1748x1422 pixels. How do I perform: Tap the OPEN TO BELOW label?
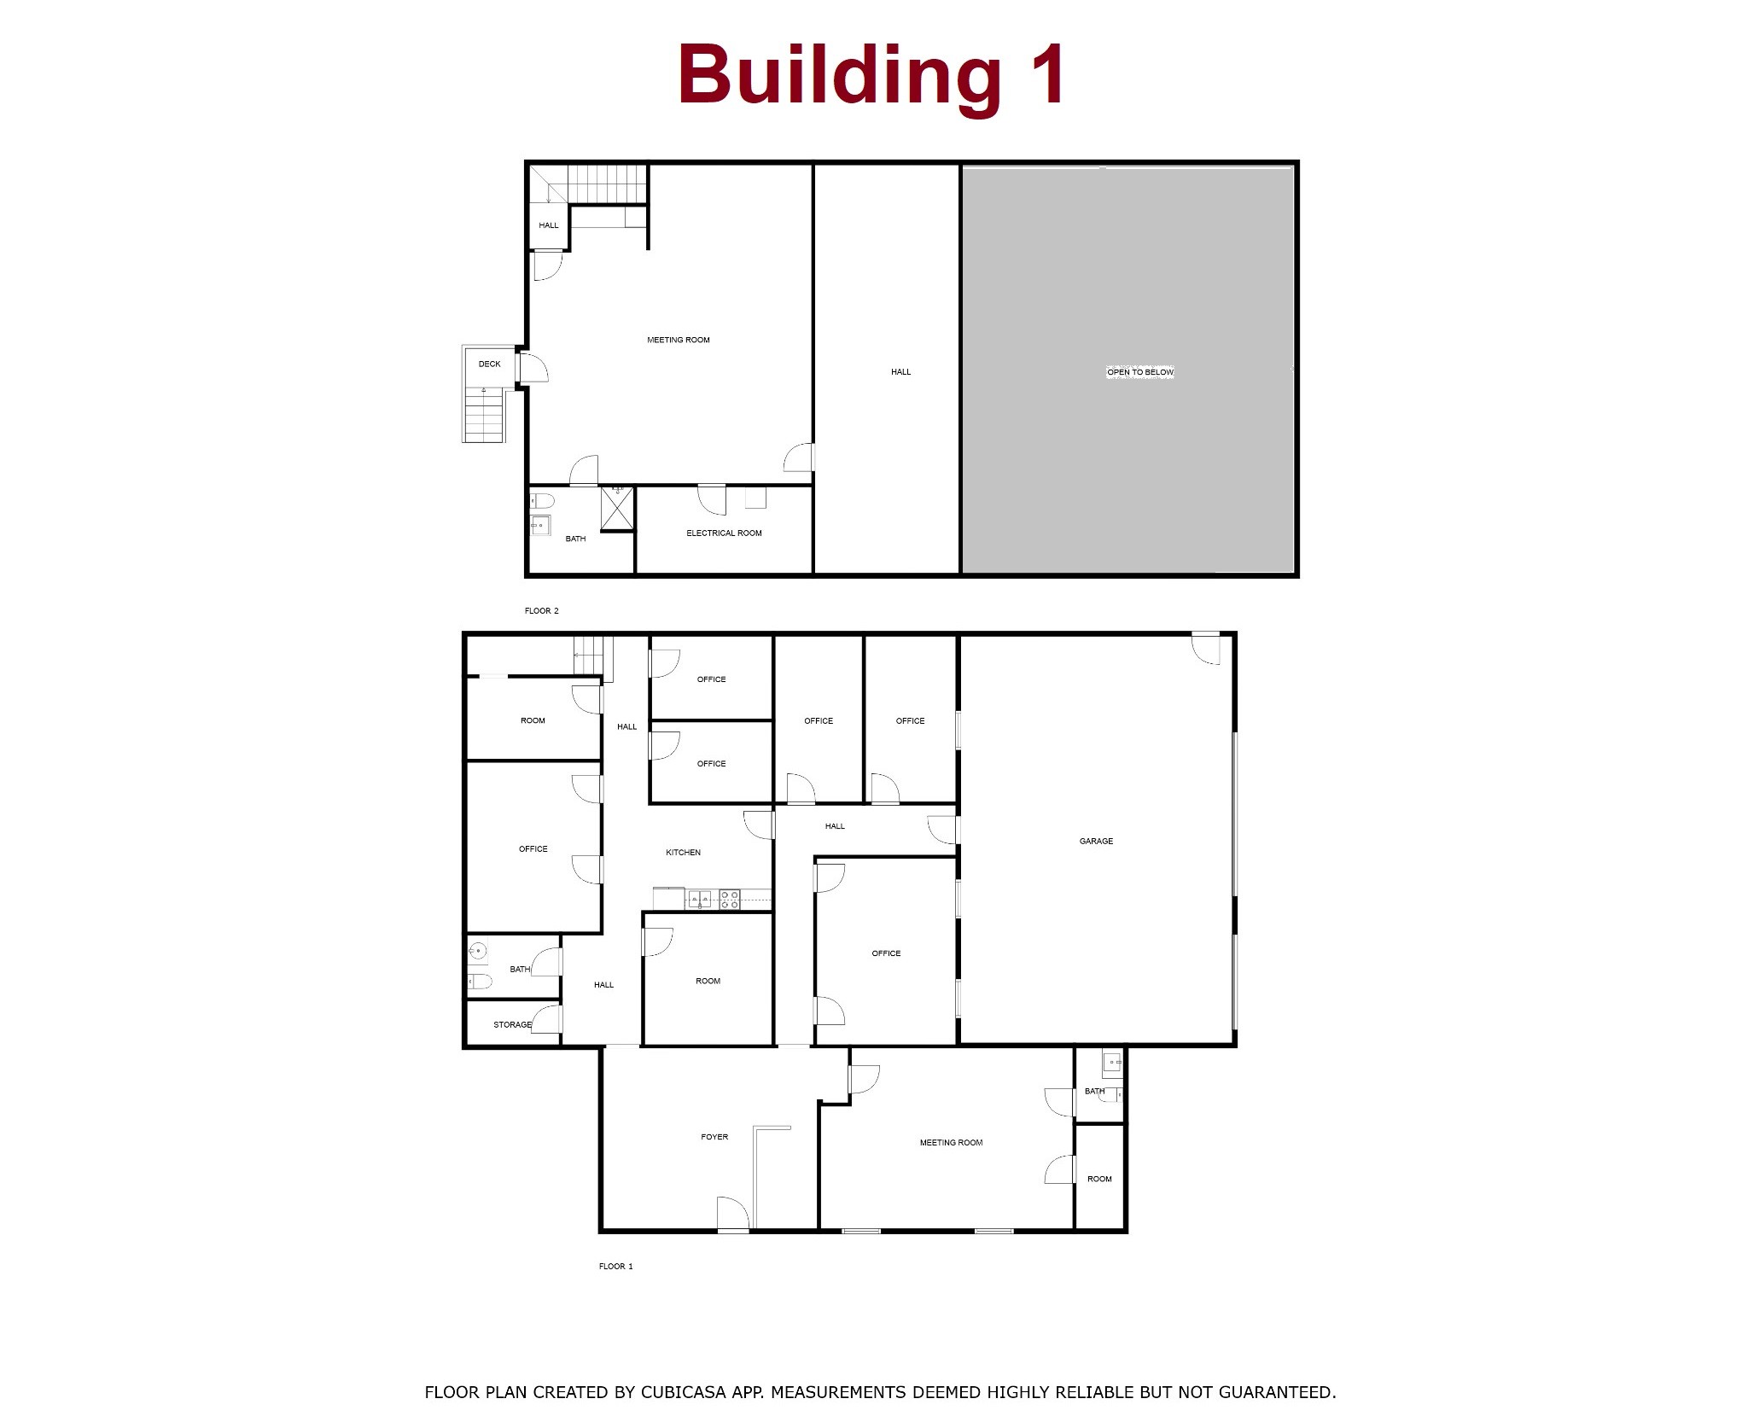pyautogui.click(x=1140, y=372)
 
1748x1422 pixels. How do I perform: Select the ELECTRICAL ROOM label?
pyautogui.click(x=724, y=533)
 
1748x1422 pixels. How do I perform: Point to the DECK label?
pyautogui.click(x=490, y=364)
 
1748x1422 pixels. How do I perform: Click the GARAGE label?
pyautogui.click(x=1096, y=841)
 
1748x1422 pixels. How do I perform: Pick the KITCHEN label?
pyautogui.click(x=683, y=853)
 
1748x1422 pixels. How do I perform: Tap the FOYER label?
pyautogui.click(x=714, y=1137)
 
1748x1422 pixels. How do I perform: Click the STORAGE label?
pyautogui.click(x=512, y=1024)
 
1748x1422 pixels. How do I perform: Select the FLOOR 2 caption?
pyautogui.click(x=541, y=611)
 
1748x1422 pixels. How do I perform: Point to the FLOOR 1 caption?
pyautogui.click(x=615, y=1267)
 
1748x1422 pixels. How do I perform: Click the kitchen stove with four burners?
pyautogui.click(x=729, y=899)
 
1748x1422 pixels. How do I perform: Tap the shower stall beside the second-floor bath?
pyautogui.click(x=618, y=509)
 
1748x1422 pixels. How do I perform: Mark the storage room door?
pyautogui.click(x=546, y=1020)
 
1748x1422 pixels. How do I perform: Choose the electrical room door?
pyautogui.click(x=712, y=498)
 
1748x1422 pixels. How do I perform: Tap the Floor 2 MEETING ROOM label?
pyautogui.click(x=679, y=340)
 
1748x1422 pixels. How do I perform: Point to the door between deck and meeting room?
pyautogui.click(x=532, y=367)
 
